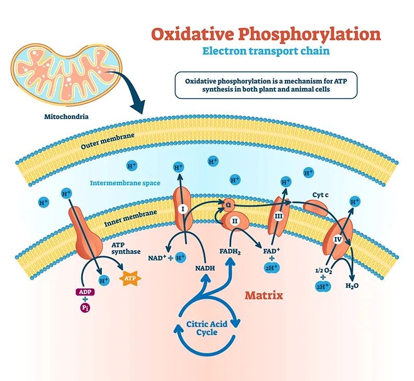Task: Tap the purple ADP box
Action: tap(85, 292)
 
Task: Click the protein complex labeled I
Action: tap(182, 210)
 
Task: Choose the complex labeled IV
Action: tap(338, 240)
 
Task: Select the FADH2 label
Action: tap(230, 253)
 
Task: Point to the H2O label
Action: tap(352, 284)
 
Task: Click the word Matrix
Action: tap(264, 296)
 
